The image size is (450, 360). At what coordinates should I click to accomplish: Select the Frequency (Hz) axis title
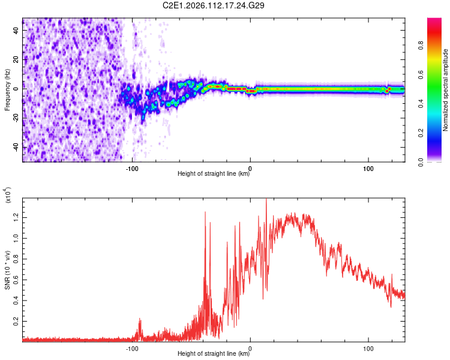click(7, 91)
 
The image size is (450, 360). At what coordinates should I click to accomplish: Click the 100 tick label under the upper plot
click(368, 167)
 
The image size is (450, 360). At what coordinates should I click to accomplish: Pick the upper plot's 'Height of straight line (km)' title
click(214, 174)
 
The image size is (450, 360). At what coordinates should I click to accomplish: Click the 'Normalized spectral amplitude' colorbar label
click(446, 91)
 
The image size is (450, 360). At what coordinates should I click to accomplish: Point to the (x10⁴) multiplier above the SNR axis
click(8, 195)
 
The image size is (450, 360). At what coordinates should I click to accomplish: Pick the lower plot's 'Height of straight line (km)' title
click(214, 353)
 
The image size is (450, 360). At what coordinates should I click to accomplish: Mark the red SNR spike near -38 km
click(205, 212)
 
